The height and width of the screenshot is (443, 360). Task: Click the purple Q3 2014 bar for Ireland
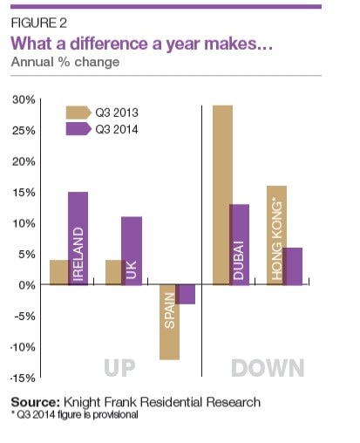(78, 238)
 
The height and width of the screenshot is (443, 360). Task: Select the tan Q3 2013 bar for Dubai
(222, 194)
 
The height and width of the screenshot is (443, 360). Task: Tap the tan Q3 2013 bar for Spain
(170, 322)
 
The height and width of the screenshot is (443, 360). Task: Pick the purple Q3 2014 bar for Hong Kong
(292, 266)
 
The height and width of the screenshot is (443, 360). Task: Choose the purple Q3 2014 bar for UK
(132, 251)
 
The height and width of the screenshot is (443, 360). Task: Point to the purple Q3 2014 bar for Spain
(185, 294)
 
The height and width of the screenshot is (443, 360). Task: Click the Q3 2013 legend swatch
(78, 112)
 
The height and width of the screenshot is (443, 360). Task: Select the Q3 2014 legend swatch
(78, 129)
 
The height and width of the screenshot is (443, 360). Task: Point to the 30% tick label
(24, 99)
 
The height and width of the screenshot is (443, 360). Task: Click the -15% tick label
(23, 378)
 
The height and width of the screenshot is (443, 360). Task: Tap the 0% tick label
(27, 285)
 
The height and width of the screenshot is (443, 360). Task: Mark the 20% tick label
(24, 161)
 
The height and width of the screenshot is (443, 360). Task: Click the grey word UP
(119, 368)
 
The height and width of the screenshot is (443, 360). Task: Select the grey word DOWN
(268, 368)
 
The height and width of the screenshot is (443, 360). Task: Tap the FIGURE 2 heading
(39, 23)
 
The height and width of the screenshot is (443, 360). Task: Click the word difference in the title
(109, 44)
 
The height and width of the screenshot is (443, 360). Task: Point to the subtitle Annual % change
(65, 62)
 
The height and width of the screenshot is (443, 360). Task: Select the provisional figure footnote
(75, 414)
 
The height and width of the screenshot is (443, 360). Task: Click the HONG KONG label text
(277, 239)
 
